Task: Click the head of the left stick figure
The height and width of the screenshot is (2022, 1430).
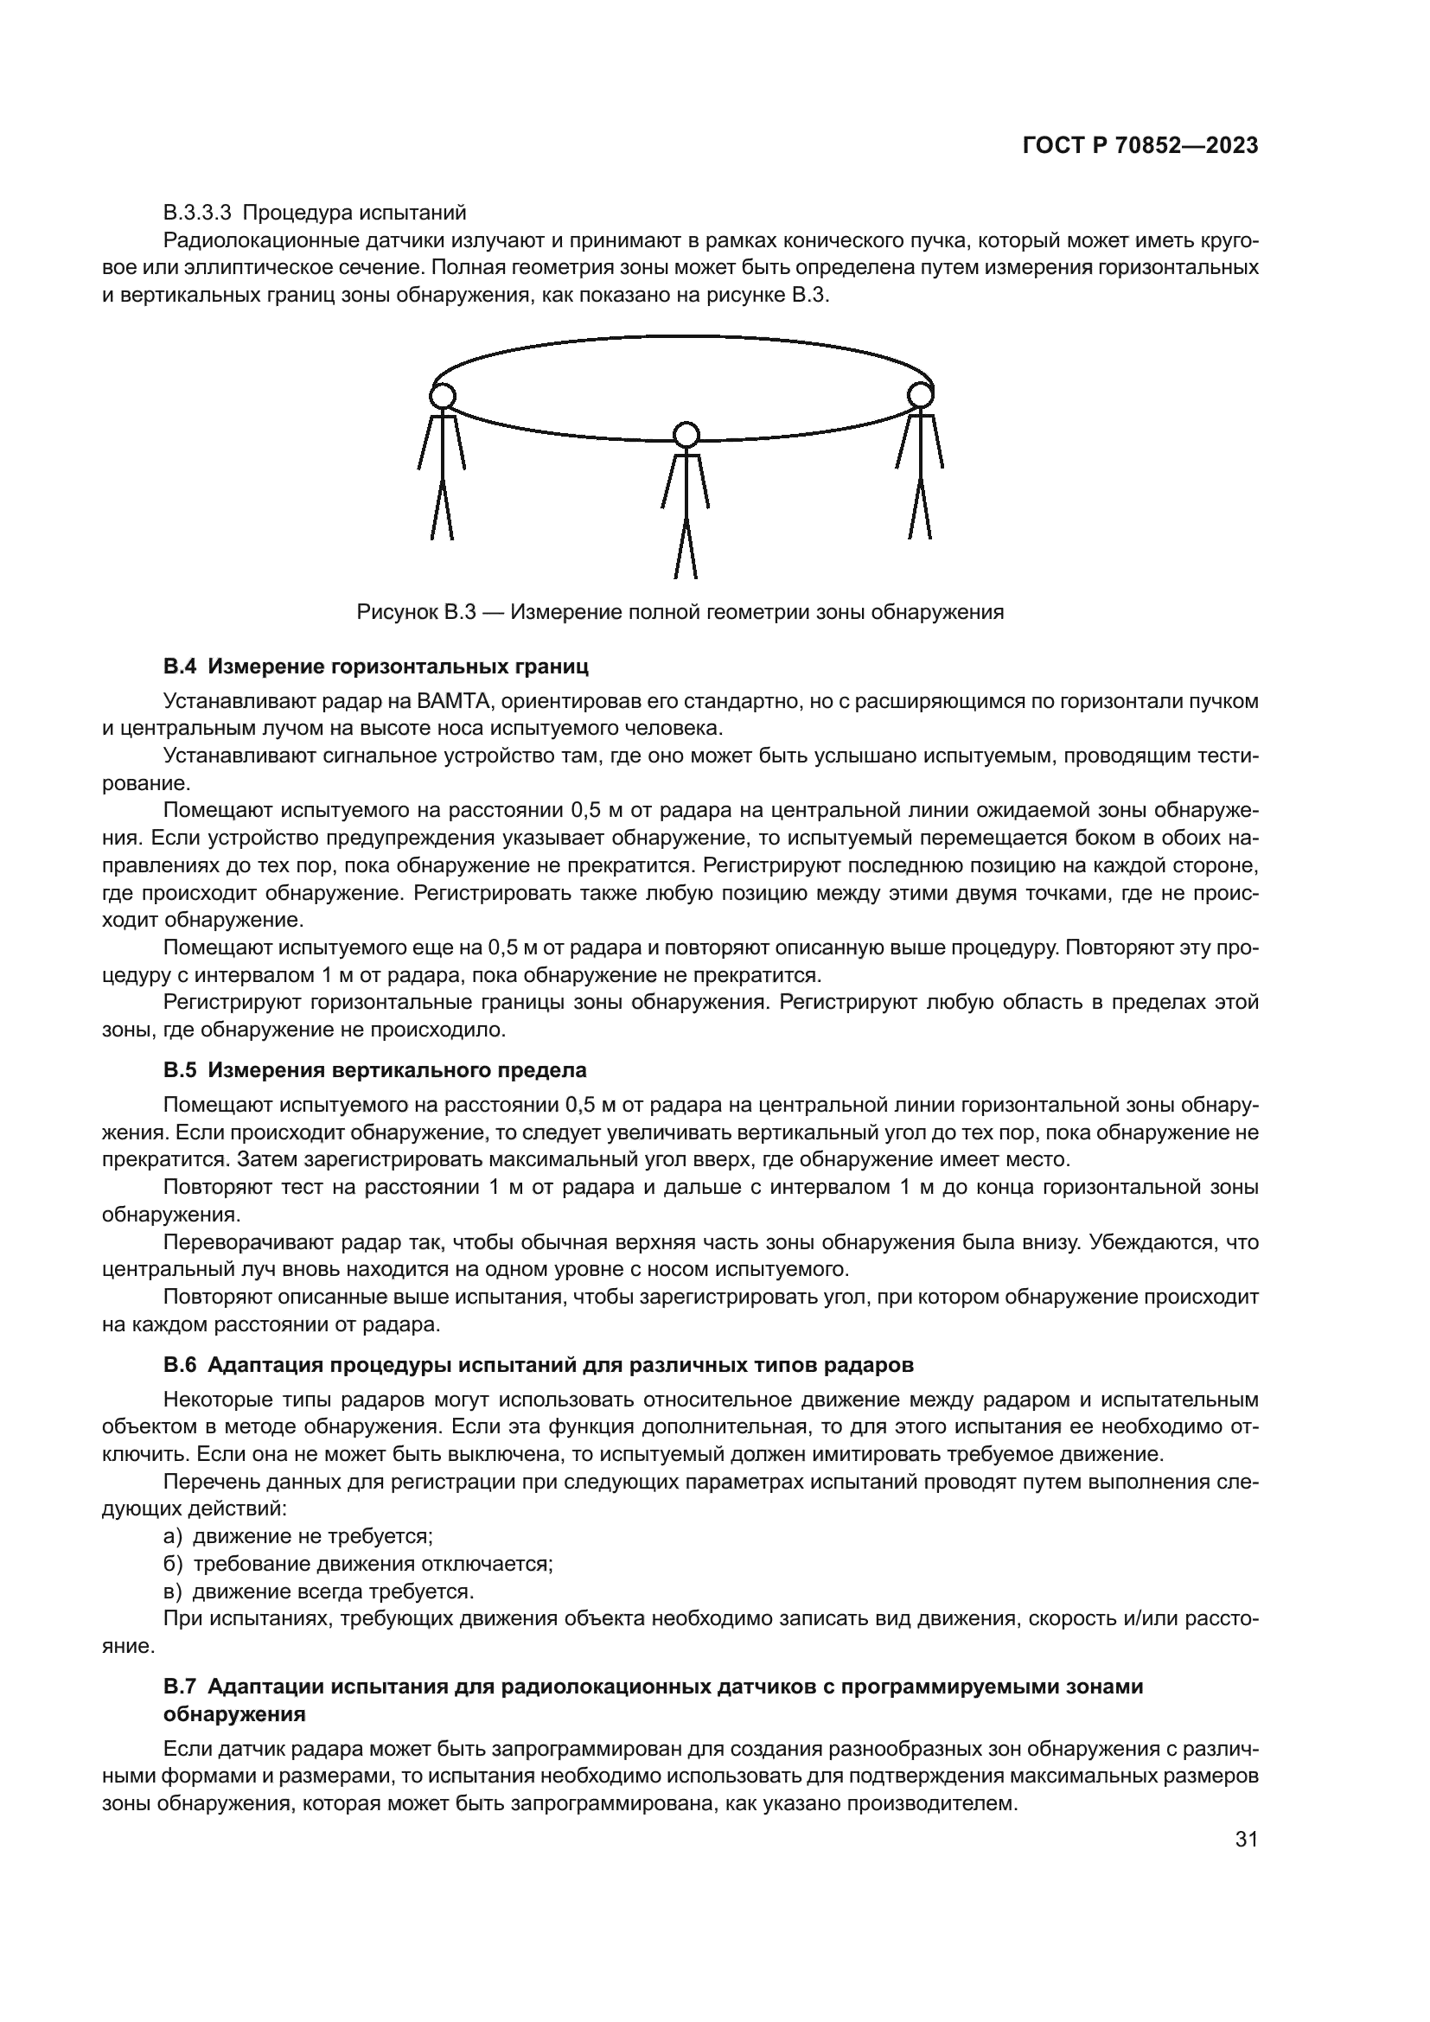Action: tap(443, 396)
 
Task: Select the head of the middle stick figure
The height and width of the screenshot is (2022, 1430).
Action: tap(685, 435)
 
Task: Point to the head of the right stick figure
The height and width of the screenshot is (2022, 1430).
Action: tap(920, 394)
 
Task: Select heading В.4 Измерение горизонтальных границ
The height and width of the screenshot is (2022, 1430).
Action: tap(376, 667)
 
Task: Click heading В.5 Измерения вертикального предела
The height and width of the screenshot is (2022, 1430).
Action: tap(375, 1071)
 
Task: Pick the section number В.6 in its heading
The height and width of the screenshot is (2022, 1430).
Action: tap(181, 1365)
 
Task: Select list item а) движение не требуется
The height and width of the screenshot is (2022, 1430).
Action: tap(299, 1537)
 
